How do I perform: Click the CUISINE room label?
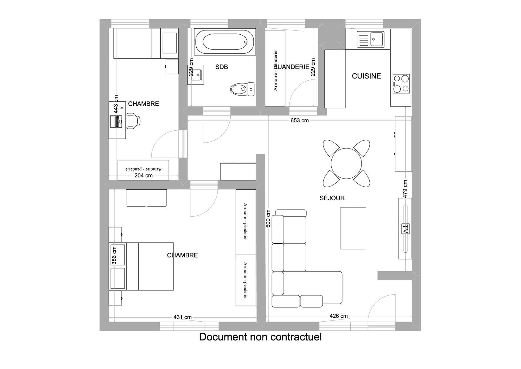pyautogui.click(x=366, y=76)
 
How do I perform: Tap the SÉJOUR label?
pyautogui.click(x=332, y=198)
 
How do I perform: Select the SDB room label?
pyautogui.click(x=222, y=67)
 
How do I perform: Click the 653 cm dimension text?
pyautogui.click(x=300, y=120)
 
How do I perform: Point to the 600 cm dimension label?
pyautogui.click(x=268, y=219)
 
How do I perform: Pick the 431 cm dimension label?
pyautogui.click(x=182, y=317)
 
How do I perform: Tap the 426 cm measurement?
pyautogui.click(x=338, y=316)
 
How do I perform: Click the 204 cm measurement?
pyautogui.click(x=143, y=176)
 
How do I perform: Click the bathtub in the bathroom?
pyautogui.click(x=225, y=42)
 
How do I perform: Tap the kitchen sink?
pyautogui.click(x=370, y=39)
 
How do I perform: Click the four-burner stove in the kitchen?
pyautogui.click(x=401, y=84)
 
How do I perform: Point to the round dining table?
pyautogui.click(x=346, y=164)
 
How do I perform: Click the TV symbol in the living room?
pyautogui.click(x=405, y=229)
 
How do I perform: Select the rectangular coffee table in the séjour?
pyautogui.click(x=353, y=228)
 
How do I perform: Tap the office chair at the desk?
pyautogui.click(x=133, y=121)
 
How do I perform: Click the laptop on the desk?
pyautogui.click(x=116, y=122)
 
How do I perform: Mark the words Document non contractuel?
pyautogui.click(x=260, y=337)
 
